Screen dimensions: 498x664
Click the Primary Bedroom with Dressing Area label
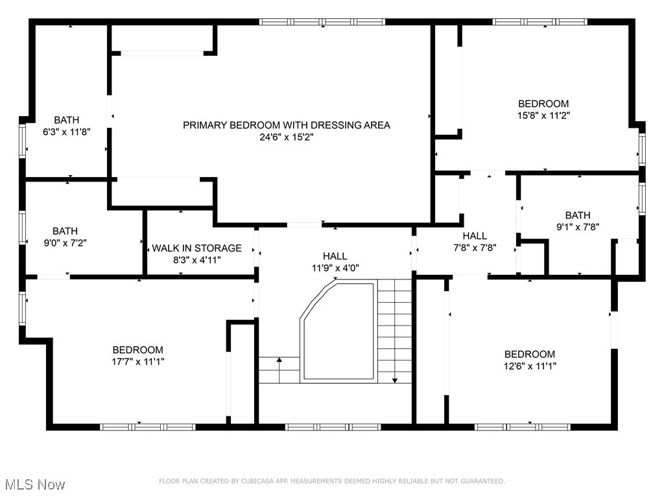tap(286, 125)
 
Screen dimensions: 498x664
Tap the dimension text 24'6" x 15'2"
tap(286, 137)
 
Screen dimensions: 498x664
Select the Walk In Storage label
tap(196, 248)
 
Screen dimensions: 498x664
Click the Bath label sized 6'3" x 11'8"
tap(66, 120)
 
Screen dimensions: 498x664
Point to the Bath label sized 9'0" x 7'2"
tap(65, 231)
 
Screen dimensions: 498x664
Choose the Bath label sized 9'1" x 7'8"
tap(578, 215)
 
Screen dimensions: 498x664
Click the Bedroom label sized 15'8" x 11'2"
tap(543, 104)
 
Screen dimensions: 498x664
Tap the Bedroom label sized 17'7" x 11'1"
tap(137, 350)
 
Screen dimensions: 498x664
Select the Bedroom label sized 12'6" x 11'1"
tap(530, 354)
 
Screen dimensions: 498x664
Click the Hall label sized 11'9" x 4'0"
tap(335, 256)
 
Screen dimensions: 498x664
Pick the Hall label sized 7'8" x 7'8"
tap(474, 236)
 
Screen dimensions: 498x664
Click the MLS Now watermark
tap(34, 484)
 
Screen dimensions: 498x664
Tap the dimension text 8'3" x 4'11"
tap(196, 260)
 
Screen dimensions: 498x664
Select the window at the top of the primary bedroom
tap(322, 21)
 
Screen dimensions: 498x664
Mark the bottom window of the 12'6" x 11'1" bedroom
tap(522, 427)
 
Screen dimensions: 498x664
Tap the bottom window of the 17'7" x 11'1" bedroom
tap(147, 427)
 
